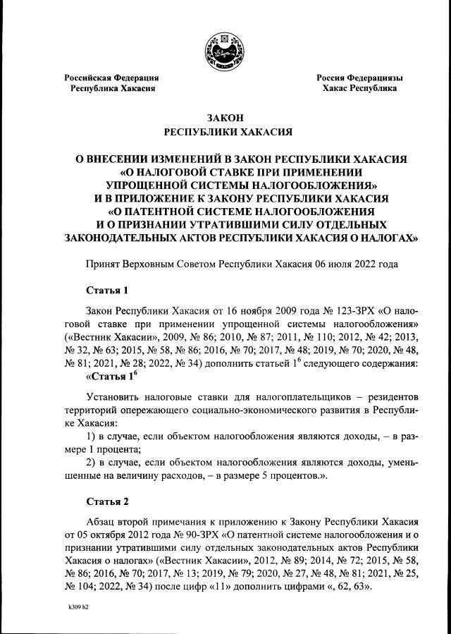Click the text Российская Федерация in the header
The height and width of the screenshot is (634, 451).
point(111,78)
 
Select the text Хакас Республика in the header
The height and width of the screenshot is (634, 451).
point(359,89)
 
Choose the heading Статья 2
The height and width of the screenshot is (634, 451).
point(108,502)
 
